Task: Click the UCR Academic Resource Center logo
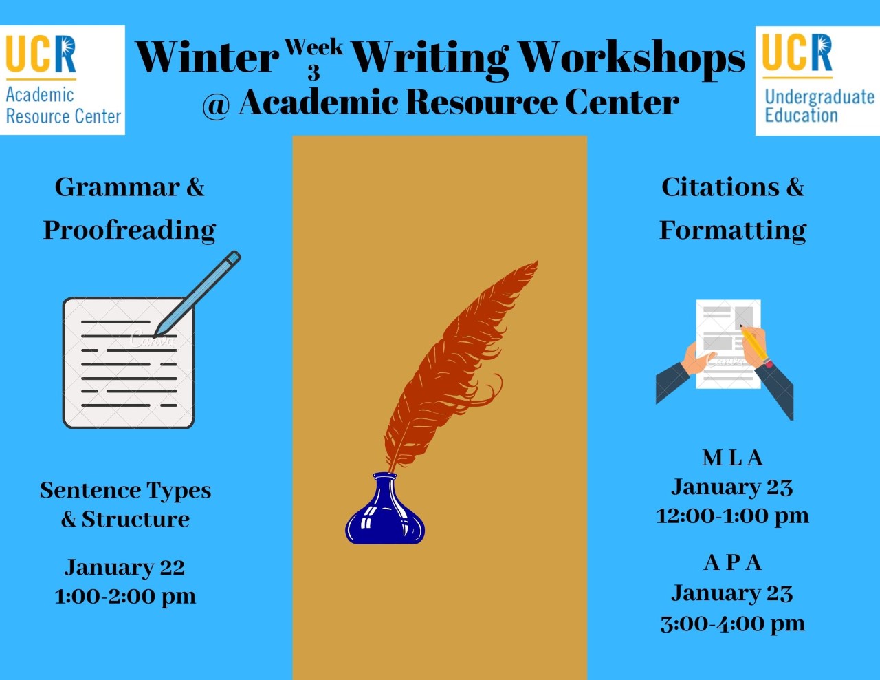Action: point(63,81)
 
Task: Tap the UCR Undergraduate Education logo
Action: point(817,81)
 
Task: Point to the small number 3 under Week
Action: point(314,72)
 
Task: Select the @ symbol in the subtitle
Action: point(217,105)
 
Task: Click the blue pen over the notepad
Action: point(197,294)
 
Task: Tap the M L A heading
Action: point(733,458)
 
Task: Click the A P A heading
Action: point(733,562)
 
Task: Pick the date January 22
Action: point(124,568)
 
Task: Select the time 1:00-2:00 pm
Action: point(125,597)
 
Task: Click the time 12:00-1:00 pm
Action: point(733,517)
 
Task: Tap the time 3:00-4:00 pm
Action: point(733,624)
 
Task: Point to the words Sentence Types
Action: point(126,491)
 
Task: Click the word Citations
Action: point(720,187)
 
